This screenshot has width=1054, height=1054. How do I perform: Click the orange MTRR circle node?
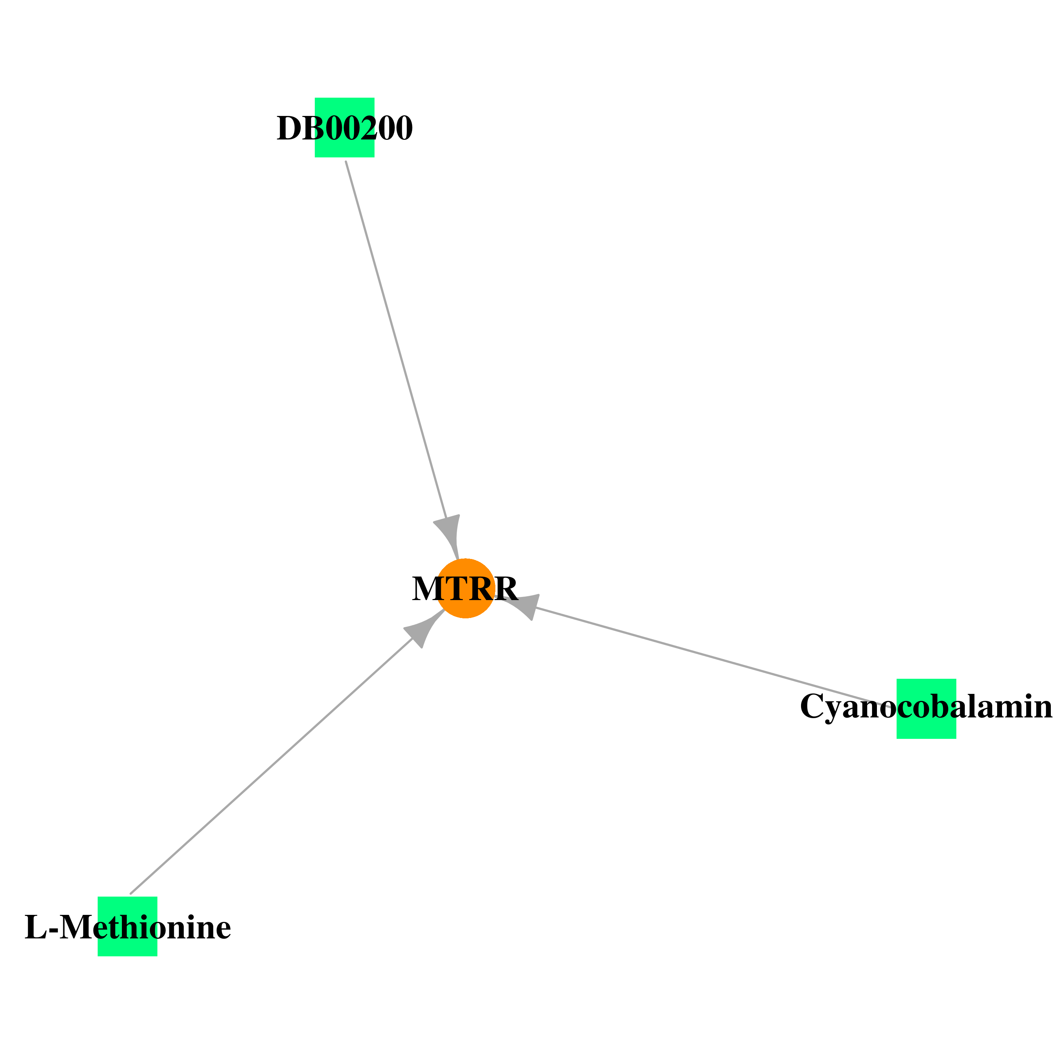tap(465, 588)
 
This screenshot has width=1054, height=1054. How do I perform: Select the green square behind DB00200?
tap(344, 128)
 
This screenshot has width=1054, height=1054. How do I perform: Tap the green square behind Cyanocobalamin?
tap(926, 709)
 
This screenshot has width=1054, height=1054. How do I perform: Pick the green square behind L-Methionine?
tap(128, 926)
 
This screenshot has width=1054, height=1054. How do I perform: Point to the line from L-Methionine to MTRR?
tap(271, 766)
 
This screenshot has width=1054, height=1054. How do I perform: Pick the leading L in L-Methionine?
tap(36, 928)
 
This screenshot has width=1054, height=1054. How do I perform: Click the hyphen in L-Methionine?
tap(53, 931)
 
